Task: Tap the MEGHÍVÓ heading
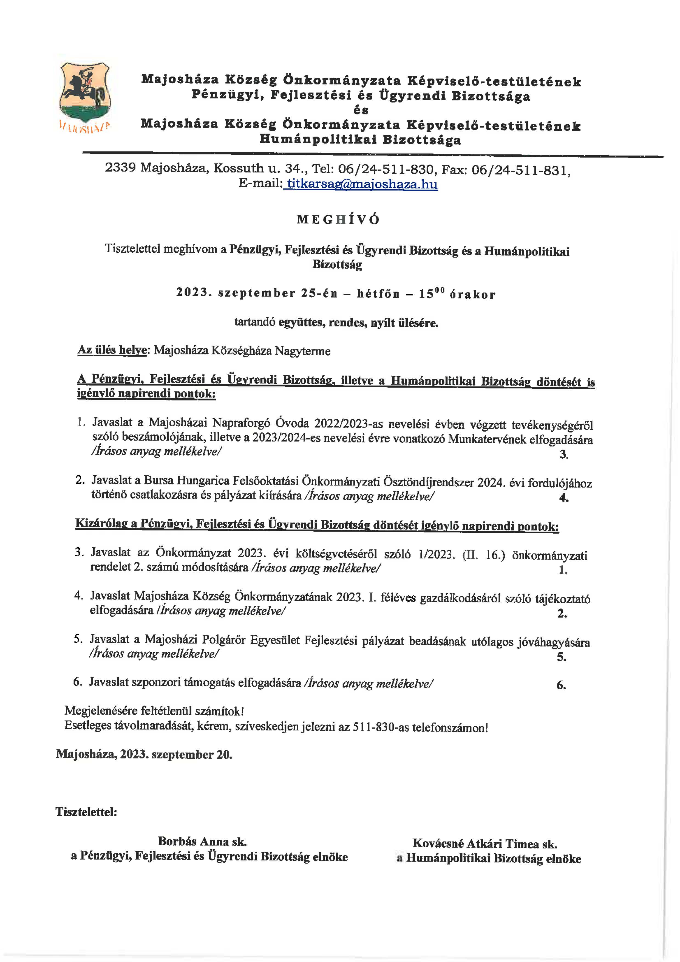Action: [x=338, y=219]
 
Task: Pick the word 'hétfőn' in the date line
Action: [x=378, y=294]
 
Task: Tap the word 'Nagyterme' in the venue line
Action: [x=302, y=351]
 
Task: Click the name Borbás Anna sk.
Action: [x=202, y=841]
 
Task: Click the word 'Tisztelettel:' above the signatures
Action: [x=86, y=812]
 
